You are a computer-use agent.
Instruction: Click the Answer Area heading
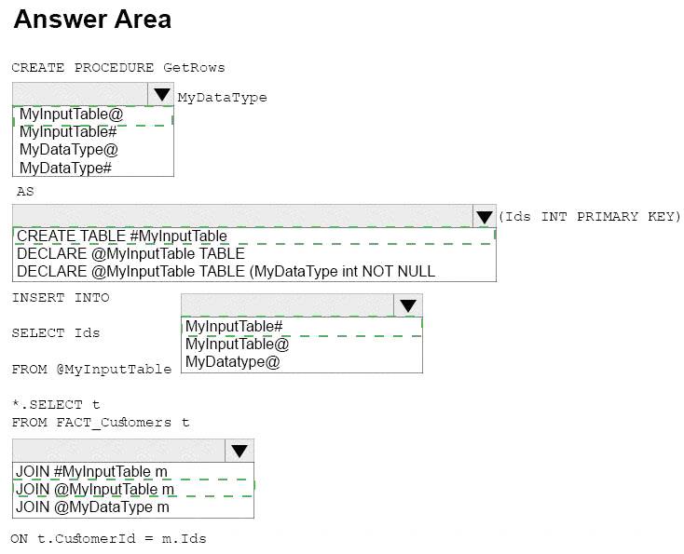pyautogui.click(x=92, y=20)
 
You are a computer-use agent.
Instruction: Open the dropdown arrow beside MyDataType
pyautogui.click(x=161, y=94)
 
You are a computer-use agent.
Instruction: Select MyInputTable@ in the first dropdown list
pyautogui.click(x=72, y=115)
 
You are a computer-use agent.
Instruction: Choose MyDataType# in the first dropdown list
pyautogui.click(x=66, y=168)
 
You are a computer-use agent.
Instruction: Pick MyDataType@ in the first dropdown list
pyautogui.click(x=69, y=150)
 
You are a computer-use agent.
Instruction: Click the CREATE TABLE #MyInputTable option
pyautogui.click(x=122, y=236)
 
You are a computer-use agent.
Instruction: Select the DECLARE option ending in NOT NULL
pyautogui.click(x=226, y=272)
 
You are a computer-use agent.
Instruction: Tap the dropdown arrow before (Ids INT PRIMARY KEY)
pyautogui.click(x=485, y=217)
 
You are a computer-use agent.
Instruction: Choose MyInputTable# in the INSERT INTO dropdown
pyautogui.click(x=234, y=326)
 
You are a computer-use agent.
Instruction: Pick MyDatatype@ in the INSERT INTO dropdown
pyautogui.click(x=233, y=362)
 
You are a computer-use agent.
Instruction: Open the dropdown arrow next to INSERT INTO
pyautogui.click(x=408, y=305)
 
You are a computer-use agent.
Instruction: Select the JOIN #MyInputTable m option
pyautogui.click(x=91, y=472)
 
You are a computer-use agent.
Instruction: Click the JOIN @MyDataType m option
pyautogui.click(x=92, y=507)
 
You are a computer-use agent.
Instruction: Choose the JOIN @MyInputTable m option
pyautogui.click(x=95, y=490)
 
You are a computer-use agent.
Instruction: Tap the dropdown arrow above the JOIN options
pyautogui.click(x=239, y=451)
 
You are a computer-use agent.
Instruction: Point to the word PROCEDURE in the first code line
pyautogui.click(x=114, y=68)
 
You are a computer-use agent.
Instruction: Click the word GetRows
pyautogui.click(x=194, y=68)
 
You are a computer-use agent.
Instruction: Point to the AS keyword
pyautogui.click(x=25, y=192)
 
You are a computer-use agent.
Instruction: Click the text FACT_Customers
pyautogui.click(x=114, y=423)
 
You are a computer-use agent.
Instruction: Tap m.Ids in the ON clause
pyautogui.click(x=185, y=539)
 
